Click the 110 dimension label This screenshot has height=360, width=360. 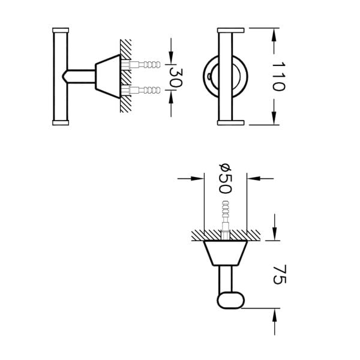278,76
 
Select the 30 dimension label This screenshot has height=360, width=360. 176,78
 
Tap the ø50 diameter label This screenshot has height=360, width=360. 225,178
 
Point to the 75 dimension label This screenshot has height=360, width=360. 280,274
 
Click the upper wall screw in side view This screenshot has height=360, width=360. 140,65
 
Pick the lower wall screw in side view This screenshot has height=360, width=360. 140,90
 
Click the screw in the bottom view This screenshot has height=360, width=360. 226,220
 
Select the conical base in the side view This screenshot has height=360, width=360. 108,76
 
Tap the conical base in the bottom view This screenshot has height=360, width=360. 226,253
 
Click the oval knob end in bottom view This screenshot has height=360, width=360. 230,301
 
